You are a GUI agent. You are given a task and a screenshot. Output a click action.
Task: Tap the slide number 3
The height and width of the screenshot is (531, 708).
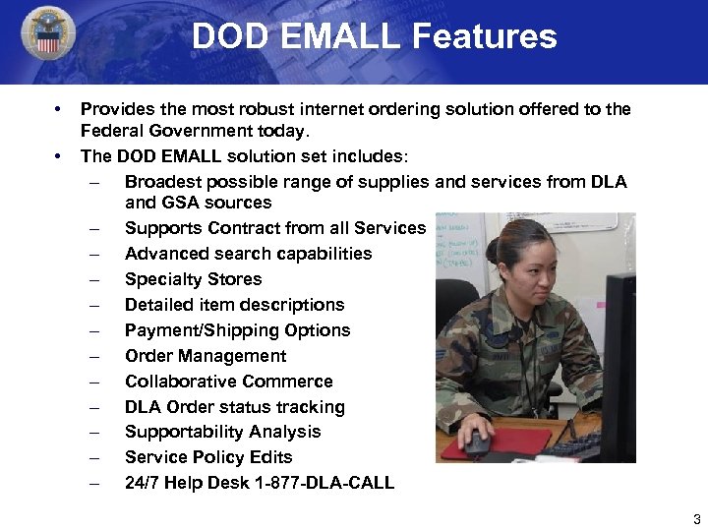pyautogui.click(x=696, y=519)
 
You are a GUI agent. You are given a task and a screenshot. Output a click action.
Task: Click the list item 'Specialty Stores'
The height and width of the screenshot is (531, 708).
pyautogui.click(x=193, y=279)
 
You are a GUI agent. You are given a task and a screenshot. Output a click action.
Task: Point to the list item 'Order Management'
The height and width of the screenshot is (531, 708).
pyautogui.click(x=206, y=356)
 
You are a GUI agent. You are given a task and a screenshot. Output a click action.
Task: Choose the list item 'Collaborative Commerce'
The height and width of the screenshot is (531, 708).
pyautogui.click(x=228, y=382)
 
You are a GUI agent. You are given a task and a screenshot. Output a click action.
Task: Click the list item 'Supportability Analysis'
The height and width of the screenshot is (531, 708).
pyautogui.click(x=222, y=432)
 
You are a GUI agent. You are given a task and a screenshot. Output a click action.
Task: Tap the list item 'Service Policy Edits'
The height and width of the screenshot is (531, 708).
pyautogui.click(x=207, y=457)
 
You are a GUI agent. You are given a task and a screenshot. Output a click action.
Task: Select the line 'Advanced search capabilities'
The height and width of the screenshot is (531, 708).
pyautogui.click(x=248, y=254)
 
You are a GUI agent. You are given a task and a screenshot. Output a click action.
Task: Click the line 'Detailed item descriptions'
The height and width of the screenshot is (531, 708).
pyautogui.click(x=234, y=305)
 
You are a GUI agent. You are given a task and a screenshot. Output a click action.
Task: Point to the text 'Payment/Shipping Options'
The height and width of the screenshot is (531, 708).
pyautogui.click(x=237, y=330)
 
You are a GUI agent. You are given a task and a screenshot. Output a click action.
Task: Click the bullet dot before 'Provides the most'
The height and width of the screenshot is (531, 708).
pyautogui.click(x=60, y=109)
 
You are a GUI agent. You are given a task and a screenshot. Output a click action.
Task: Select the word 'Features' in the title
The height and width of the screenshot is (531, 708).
pyautogui.click(x=485, y=36)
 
